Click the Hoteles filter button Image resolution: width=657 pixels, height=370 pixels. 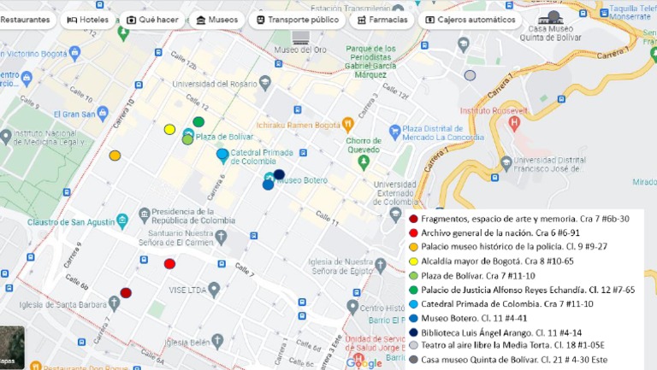(87, 20)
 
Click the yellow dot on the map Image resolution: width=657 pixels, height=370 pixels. (169, 130)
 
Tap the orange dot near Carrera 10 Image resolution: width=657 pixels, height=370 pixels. (115, 156)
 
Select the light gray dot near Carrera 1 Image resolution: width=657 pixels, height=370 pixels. (470, 75)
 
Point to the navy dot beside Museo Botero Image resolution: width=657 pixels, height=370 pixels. (279, 174)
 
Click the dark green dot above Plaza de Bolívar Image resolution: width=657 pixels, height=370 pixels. (198, 122)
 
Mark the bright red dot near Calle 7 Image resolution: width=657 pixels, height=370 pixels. (169, 264)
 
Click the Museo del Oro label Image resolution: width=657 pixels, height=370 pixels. (299, 49)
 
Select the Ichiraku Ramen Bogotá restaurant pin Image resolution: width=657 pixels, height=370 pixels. (347, 123)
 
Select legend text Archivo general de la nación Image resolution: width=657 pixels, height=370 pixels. (488, 233)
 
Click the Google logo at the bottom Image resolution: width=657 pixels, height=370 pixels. (365, 363)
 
